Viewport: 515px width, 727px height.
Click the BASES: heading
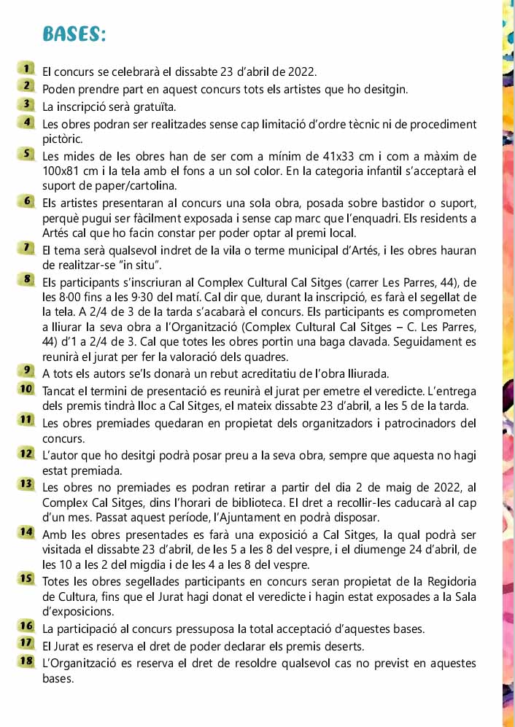click(74, 34)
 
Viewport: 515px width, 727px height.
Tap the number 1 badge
click(28, 69)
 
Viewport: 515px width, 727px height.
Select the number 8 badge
click(28, 279)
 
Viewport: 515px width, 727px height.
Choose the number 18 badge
click(28, 661)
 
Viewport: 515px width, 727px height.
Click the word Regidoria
click(446, 581)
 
